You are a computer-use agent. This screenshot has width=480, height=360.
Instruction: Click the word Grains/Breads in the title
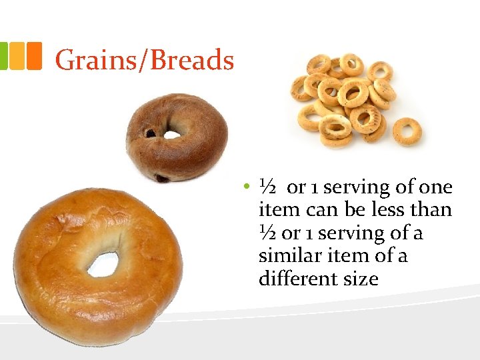[x=144, y=60]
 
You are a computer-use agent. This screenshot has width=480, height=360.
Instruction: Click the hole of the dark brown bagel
[x=172, y=134]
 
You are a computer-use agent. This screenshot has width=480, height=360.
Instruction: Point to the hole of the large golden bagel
[x=103, y=263]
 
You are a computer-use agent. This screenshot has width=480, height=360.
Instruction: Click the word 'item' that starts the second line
[x=279, y=210]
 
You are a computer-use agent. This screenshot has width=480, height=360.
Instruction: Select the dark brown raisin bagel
[x=177, y=136]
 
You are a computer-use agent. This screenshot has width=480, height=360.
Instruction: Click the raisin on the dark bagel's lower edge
[x=162, y=178]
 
